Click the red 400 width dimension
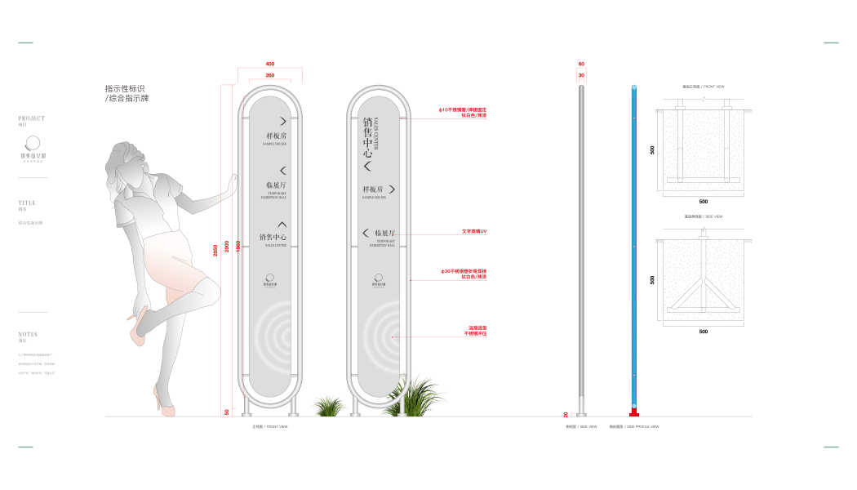270,64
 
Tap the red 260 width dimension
270,76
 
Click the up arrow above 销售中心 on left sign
282,224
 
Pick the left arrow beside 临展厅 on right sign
366,234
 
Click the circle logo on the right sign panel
380,277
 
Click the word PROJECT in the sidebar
32,118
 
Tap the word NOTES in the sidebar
28,334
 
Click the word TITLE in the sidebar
27,203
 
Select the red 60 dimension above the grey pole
581,64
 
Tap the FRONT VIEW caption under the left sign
270,426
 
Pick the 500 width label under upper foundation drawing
704,201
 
